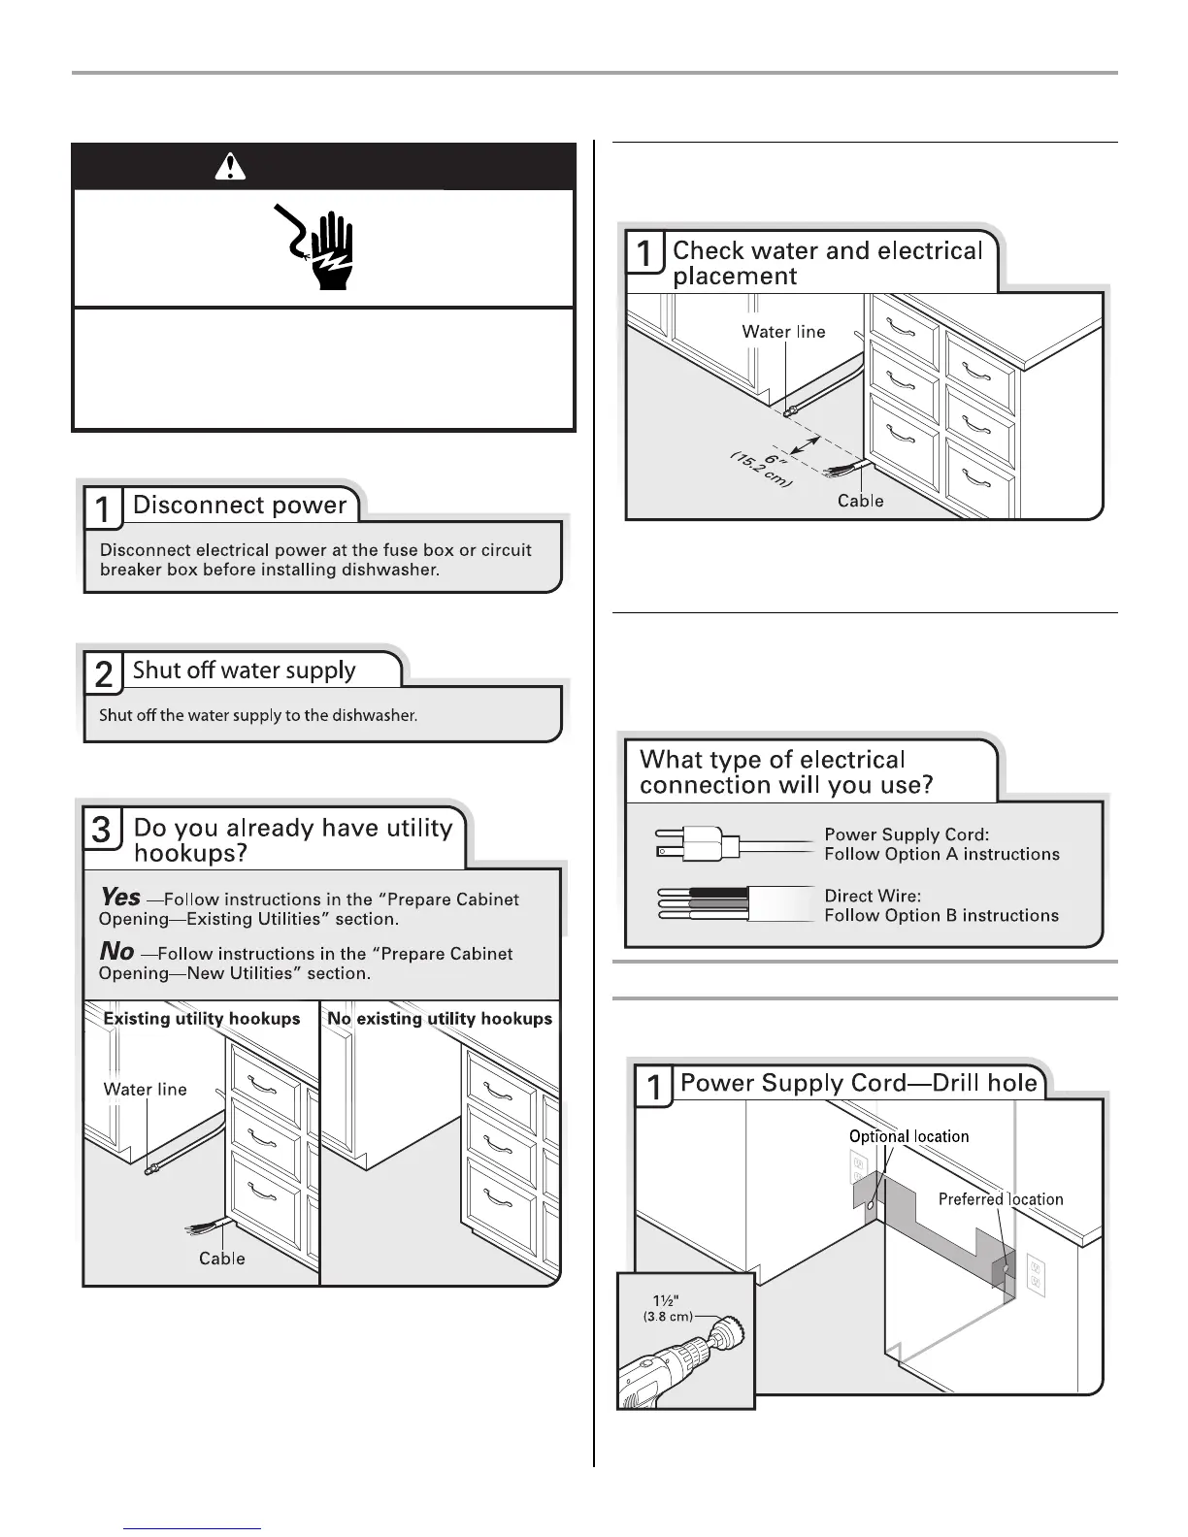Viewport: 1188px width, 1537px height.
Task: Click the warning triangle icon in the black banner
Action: pyautogui.click(x=229, y=168)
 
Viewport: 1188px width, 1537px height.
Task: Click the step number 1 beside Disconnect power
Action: pyautogui.click(x=102, y=508)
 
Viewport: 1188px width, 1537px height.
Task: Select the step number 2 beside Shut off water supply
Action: pyautogui.click(x=102, y=673)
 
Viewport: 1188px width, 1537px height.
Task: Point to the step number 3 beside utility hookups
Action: pyautogui.click(x=102, y=832)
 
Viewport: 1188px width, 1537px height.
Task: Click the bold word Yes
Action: pyautogui.click(x=120, y=898)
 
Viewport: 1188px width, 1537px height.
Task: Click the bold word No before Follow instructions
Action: pyautogui.click(x=116, y=952)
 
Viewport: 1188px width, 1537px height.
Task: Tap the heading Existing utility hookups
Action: pyautogui.click(x=202, y=1019)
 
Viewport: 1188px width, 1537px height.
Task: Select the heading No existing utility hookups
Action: pyautogui.click(x=440, y=1019)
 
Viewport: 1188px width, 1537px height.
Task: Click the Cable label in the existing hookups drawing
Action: pyautogui.click(x=222, y=1259)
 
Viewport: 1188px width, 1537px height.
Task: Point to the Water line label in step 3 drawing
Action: pyautogui.click(x=145, y=1090)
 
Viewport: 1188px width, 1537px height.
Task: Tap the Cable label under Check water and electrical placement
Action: pyautogui.click(x=861, y=501)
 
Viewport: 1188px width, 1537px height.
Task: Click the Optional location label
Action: pyautogui.click(x=908, y=1136)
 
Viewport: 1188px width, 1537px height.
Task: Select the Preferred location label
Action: pyautogui.click(x=1001, y=1199)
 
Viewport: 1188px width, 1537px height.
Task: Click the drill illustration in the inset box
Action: pyautogui.click(x=670, y=1363)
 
